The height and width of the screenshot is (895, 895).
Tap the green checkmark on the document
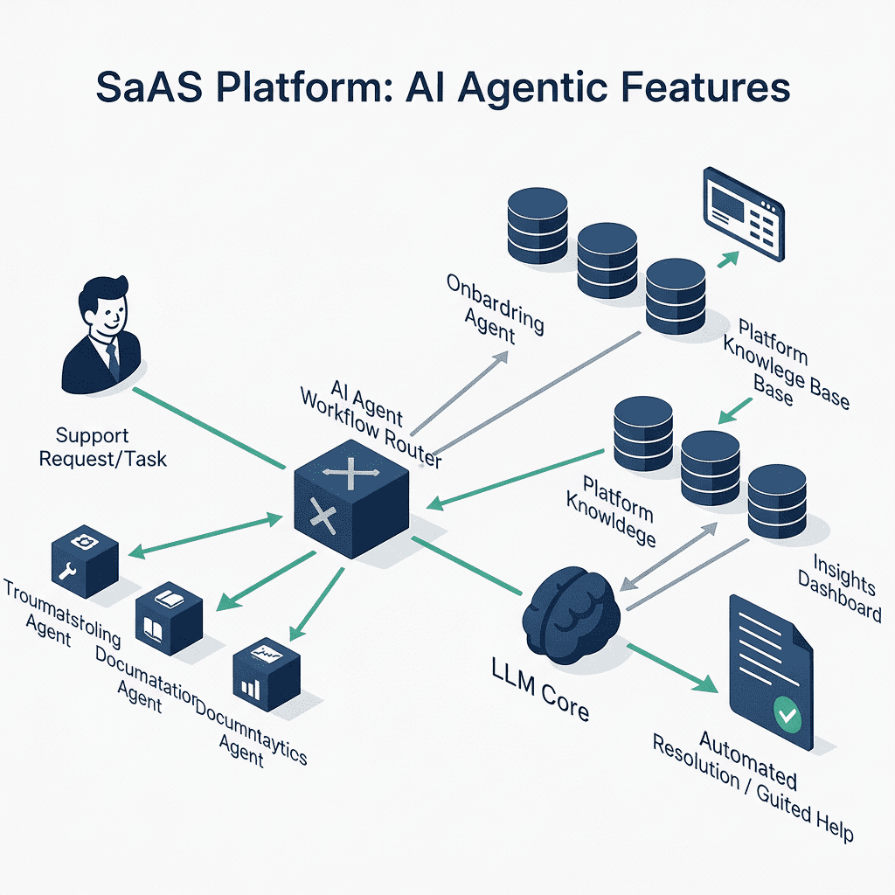(x=787, y=717)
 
